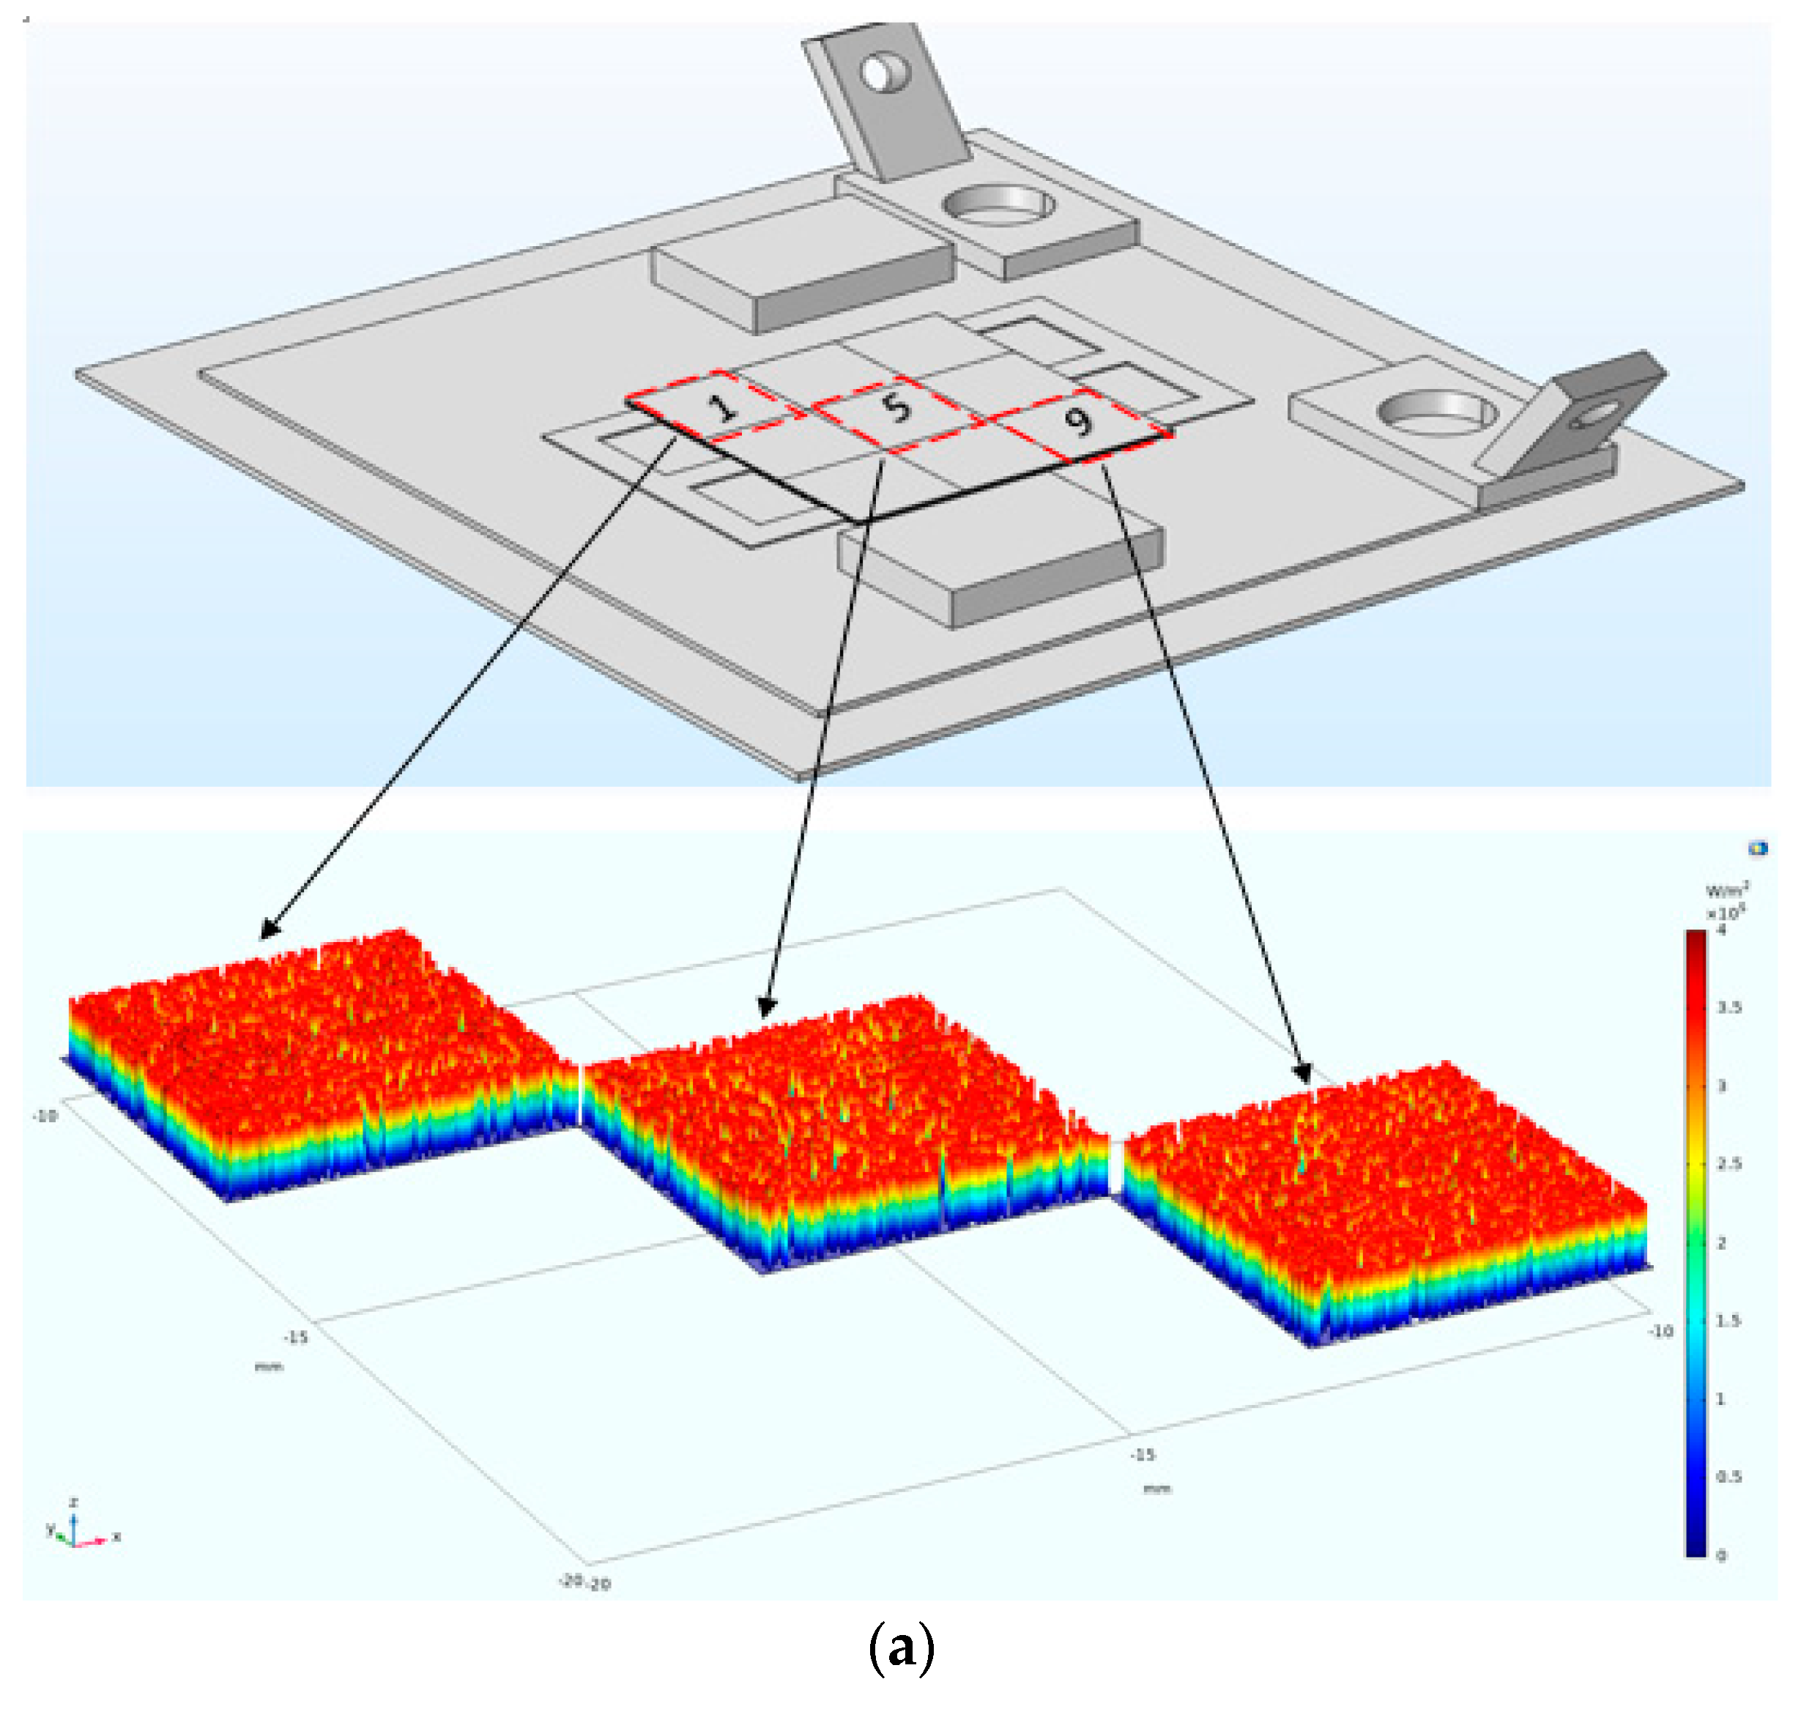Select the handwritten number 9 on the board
1078,420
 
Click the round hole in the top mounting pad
998,204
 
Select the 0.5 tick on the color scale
1728,1477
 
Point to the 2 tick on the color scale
1721,1243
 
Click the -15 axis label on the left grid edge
295,1338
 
